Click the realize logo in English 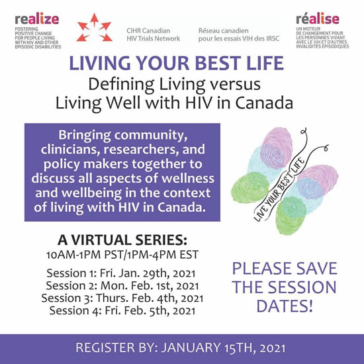[x=38, y=31]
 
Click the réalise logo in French [x=322, y=31]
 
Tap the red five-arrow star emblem [x=94, y=28]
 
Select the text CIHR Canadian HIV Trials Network [x=154, y=34]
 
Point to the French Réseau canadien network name [x=239, y=34]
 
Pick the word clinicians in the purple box [x=70, y=150]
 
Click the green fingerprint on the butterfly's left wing [x=250, y=187]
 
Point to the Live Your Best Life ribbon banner [x=279, y=189]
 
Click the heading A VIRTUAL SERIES [x=122, y=240]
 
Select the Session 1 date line [x=121, y=273]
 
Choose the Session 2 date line [x=122, y=286]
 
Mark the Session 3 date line [x=122, y=298]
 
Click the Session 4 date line [x=122, y=310]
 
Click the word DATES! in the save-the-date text [x=285, y=306]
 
